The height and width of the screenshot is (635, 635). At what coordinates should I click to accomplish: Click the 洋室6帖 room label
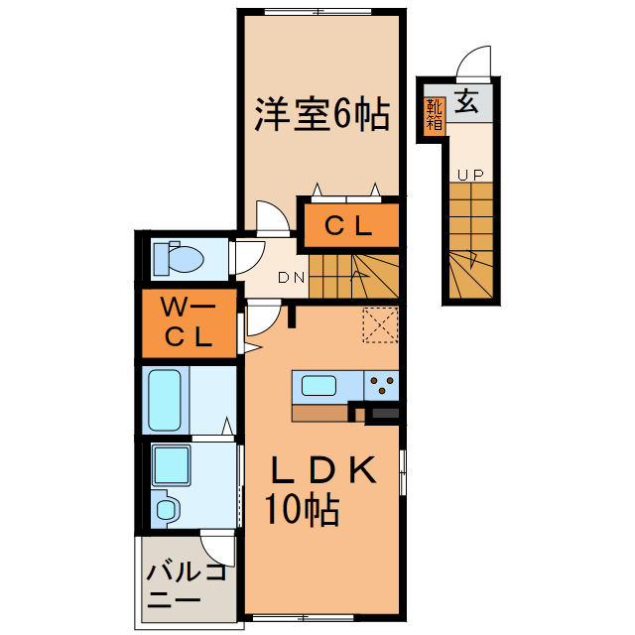tap(320, 115)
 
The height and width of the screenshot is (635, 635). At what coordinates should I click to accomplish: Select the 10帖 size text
tap(302, 510)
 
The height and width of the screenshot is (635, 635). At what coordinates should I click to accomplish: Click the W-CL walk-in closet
tap(190, 322)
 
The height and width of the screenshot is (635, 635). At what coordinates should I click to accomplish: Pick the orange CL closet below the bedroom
tap(350, 226)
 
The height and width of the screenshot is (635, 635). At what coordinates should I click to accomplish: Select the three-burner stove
tap(382, 383)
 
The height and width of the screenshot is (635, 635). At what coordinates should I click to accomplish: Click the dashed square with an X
tap(380, 323)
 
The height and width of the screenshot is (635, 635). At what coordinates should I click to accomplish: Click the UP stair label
tap(469, 175)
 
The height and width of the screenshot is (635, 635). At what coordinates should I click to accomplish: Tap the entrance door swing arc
tap(474, 62)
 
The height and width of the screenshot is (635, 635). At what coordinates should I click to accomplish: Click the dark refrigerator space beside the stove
tap(383, 412)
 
